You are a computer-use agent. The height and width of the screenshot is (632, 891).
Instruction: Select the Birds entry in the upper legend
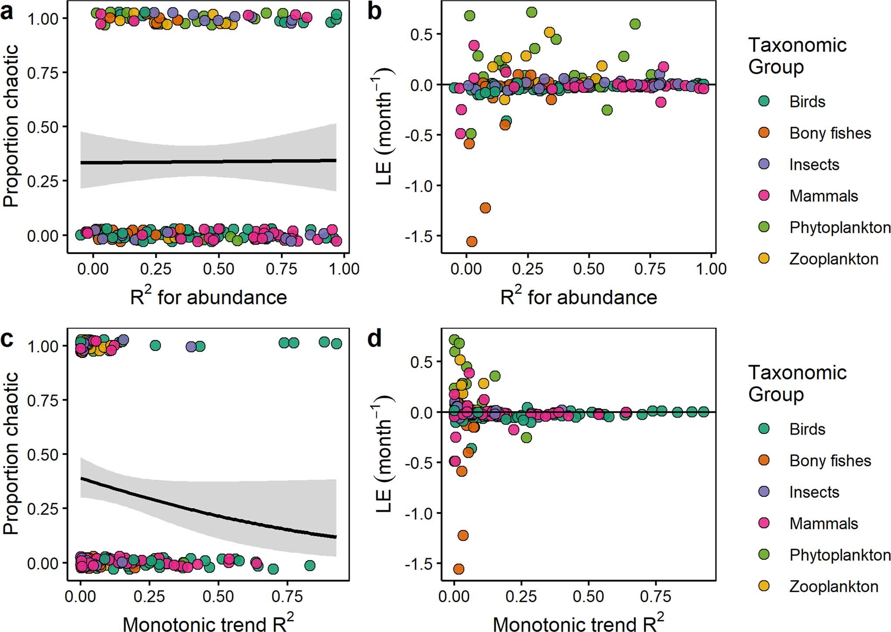[807, 102]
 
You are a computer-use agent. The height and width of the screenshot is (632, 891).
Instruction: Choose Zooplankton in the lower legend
[833, 586]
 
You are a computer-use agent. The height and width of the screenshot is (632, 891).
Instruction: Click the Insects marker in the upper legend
[764, 164]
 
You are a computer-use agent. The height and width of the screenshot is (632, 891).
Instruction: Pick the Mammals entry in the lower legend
[823, 523]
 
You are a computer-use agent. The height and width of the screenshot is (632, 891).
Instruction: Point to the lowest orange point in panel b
[472, 241]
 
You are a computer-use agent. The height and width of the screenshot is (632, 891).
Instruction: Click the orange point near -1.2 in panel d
[463, 535]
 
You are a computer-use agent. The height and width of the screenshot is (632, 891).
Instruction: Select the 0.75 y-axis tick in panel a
[42, 73]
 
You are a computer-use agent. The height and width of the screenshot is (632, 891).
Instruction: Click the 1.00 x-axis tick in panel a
[344, 269]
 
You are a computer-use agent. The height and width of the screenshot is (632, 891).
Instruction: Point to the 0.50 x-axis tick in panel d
[588, 596]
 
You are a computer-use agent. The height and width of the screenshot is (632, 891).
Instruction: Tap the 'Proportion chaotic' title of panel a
[11, 126]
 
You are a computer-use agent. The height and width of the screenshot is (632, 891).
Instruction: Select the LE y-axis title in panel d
[384, 453]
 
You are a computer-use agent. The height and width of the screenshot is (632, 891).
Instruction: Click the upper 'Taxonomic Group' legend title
[797, 56]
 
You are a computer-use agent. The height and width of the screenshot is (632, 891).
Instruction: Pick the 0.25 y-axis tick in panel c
[42, 509]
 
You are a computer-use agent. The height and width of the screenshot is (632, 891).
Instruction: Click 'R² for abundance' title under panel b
[578, 297]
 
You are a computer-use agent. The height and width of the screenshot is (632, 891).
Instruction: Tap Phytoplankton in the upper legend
[839, 228]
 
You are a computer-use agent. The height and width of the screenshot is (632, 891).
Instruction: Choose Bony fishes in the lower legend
[830, 460]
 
